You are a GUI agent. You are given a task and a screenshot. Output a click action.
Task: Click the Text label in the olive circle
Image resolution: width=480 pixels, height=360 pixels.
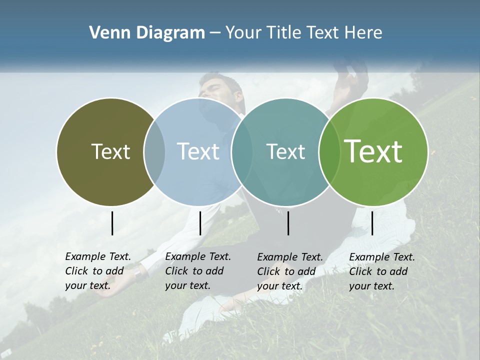click(x=110, y=152)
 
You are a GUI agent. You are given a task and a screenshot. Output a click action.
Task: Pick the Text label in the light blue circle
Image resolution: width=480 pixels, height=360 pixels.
click(x=198, y=152)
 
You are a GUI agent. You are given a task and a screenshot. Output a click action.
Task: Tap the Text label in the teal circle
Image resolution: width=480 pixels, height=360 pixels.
click(x=285, y=152)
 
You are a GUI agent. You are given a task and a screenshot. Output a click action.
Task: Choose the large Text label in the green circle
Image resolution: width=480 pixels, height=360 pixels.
click(x=373, y=151)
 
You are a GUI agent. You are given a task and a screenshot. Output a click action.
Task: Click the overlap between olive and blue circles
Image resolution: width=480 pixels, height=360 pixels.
click(x=154, y=152)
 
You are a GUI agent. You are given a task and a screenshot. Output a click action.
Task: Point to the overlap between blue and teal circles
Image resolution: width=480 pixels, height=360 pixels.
click(x=242, y=152)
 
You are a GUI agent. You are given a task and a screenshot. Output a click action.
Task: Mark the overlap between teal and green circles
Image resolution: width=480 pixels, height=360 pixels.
click(x=329, y=152)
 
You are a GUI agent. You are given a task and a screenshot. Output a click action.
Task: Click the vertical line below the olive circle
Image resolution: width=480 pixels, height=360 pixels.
click(x=112, y=223)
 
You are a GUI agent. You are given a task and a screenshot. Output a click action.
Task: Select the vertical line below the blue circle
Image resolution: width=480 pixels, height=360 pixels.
click(x=200, y=223)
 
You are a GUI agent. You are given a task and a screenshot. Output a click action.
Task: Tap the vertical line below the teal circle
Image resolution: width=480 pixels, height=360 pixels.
click(x=288, y=223)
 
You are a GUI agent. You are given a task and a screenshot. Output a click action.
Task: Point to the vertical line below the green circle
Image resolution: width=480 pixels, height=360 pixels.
click(x=372, y=223)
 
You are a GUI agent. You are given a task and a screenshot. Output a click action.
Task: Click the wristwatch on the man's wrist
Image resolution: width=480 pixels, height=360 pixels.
click(x=139, y=273)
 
